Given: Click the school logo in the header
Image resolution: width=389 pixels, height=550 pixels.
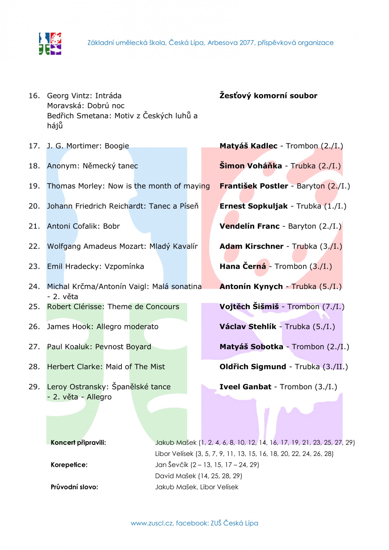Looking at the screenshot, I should click(50, 44).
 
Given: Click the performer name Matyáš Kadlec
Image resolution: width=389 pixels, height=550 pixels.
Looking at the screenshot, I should click(248, 146).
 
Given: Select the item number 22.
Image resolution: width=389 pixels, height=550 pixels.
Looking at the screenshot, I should click(34, 246).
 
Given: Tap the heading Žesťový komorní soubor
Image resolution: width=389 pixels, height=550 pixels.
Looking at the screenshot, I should click(268, 96).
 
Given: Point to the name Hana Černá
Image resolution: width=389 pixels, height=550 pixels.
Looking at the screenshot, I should click(243, 266).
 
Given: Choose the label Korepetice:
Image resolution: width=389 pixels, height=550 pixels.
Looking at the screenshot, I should click(69, 465).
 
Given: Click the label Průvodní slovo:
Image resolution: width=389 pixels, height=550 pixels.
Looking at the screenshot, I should click(74, 487).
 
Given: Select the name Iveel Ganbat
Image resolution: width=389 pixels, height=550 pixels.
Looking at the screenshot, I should click(245, 387).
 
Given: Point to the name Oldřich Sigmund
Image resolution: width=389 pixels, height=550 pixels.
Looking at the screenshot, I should click(253, 367).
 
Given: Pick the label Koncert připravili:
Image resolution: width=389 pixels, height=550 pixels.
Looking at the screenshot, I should click(78, 442).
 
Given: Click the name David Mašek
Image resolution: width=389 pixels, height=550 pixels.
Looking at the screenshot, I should click(176, 476).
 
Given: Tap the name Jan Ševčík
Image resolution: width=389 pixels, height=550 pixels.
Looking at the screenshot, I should click(172, 465).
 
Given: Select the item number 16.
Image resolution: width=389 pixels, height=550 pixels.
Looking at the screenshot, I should click(34, 96).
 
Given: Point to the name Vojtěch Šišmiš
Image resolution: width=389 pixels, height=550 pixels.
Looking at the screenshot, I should click(249, 306).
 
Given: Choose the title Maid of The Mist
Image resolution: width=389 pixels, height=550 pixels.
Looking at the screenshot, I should click(135, 367).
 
